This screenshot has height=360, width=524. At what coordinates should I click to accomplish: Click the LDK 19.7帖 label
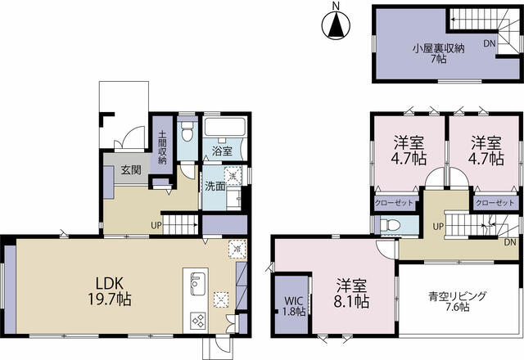point(112,290)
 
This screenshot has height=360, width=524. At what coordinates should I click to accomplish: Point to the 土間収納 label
point(162,148)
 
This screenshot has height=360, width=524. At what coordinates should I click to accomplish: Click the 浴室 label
point(222,151)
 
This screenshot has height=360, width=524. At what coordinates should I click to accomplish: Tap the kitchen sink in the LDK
point(196,286)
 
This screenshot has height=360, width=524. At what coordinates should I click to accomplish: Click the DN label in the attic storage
point(489,43)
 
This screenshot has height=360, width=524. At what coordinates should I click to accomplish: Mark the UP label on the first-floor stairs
point(154,225)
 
